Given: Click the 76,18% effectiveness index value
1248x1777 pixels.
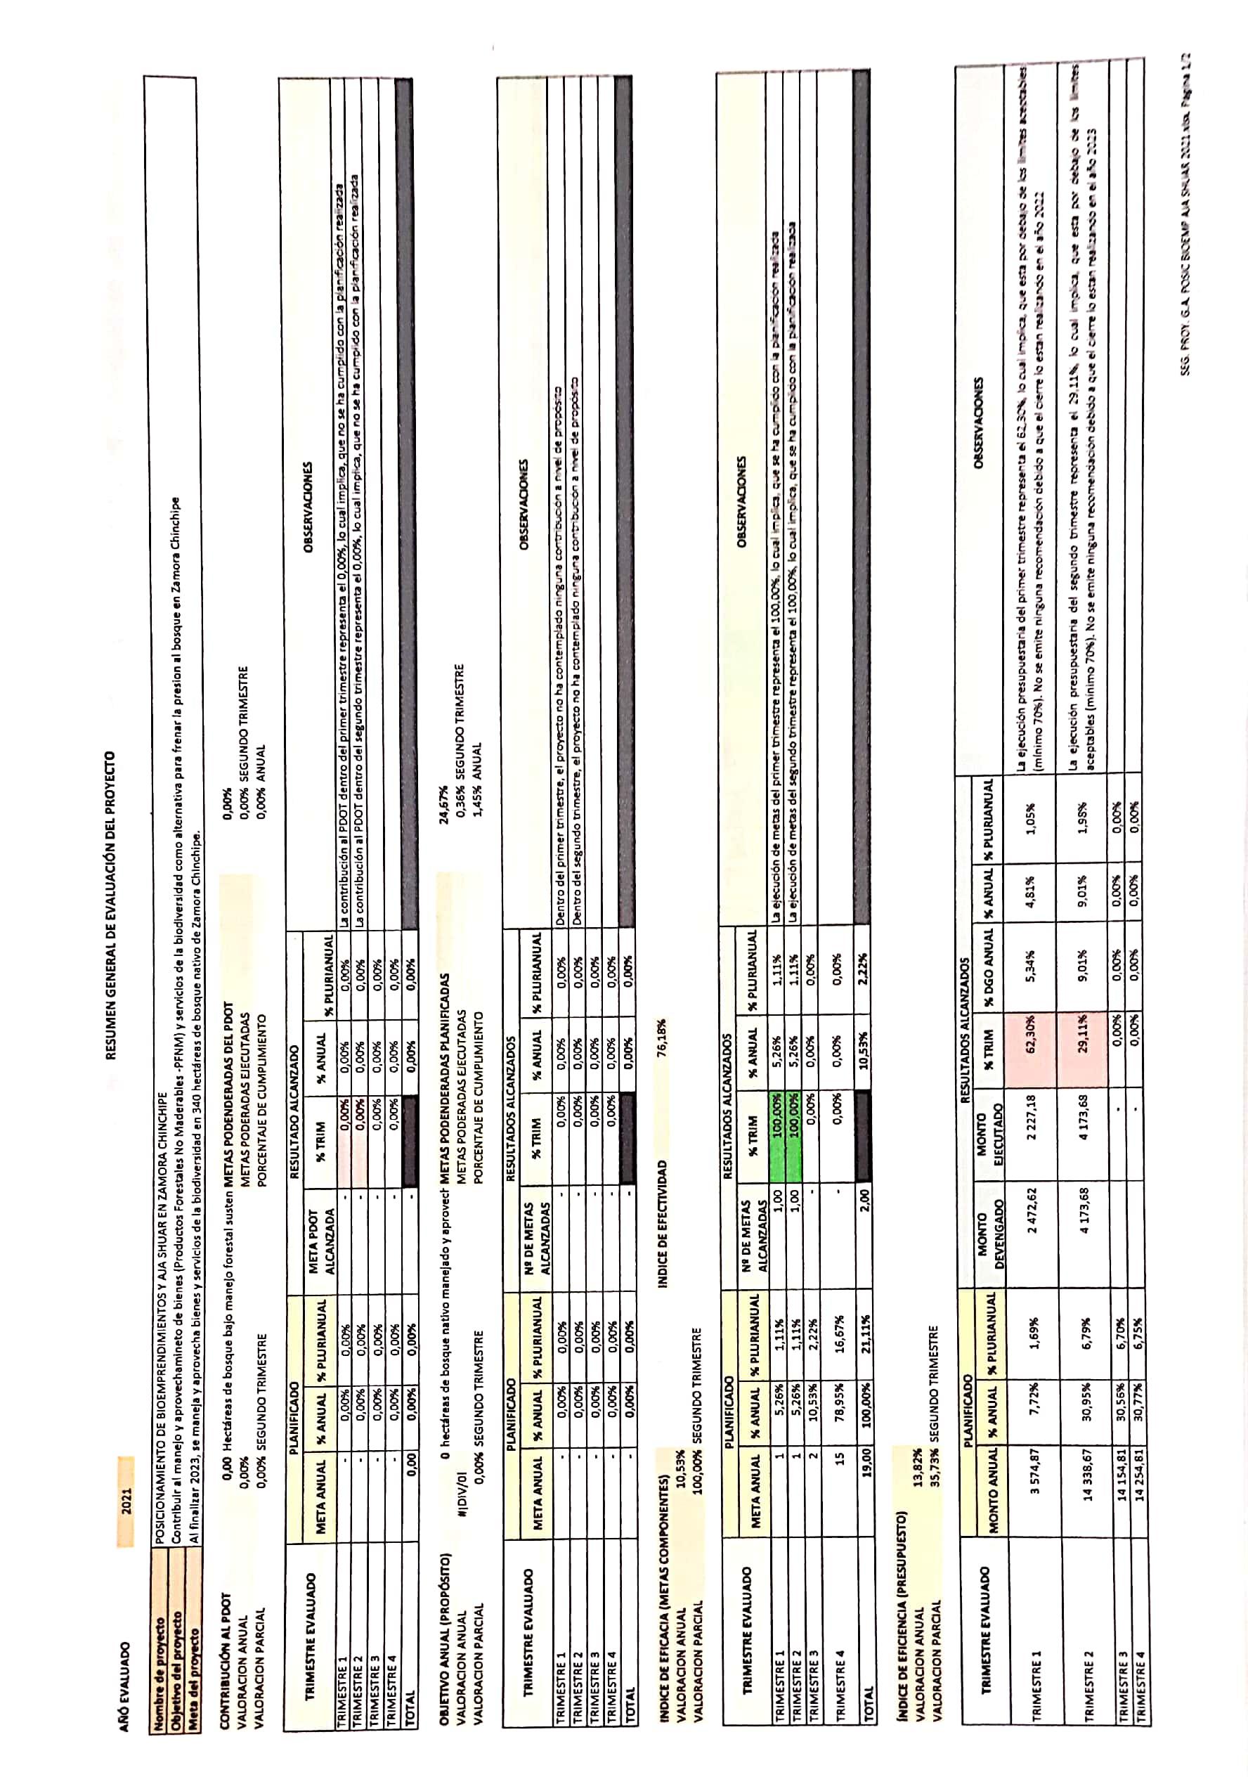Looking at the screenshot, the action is pyautogui.click(x=664, y=1041).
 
